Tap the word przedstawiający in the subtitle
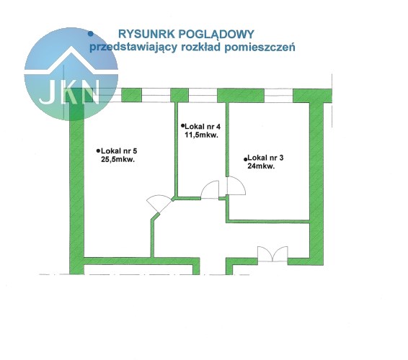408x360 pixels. tap(133, 48)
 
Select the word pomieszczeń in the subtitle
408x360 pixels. tap(260, 47)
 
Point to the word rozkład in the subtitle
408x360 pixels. tap(200, 47)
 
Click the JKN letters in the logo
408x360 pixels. tap(69, 92)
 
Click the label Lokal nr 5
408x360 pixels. tap(119, 150)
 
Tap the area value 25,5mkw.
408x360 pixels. tap(118, 160)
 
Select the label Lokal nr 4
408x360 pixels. tap(203, 127)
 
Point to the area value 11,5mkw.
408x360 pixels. tap(201, 135)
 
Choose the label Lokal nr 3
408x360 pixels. tap(266, 158)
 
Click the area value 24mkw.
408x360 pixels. tap(261, 166)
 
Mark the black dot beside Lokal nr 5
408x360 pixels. tap(98, 150)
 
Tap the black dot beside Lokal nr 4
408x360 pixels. tap(182, 125)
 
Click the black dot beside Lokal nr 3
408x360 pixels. tap(245, 159)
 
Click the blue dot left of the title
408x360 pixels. tap(91, 34)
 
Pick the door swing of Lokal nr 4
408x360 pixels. tap(210, 190)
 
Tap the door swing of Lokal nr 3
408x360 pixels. tap(236, 186)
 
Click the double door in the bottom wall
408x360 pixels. tap(272, 254)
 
